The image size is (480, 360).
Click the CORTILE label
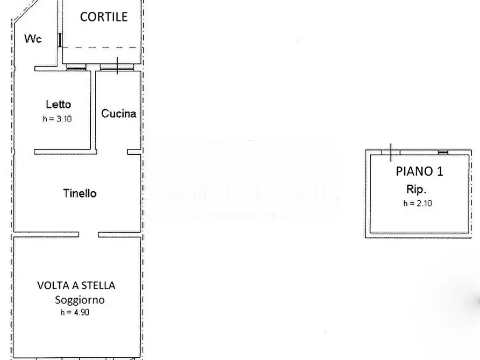104,17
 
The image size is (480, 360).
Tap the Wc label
33,39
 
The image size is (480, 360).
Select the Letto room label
58,104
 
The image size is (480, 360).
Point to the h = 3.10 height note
57,119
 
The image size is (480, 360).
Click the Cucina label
119,113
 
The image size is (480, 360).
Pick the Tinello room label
80,193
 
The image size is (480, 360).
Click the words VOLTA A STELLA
76,285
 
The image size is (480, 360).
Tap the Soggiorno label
80,300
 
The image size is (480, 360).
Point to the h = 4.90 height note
74,312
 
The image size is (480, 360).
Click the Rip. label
416,189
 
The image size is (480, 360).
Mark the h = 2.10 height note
417,203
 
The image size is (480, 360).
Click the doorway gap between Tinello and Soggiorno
89,235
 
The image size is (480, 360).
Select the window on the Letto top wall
76,68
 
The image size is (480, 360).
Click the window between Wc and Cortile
60,40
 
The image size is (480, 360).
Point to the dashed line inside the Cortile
102,47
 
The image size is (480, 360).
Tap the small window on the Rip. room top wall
443,152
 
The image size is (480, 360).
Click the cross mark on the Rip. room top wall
391,152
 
